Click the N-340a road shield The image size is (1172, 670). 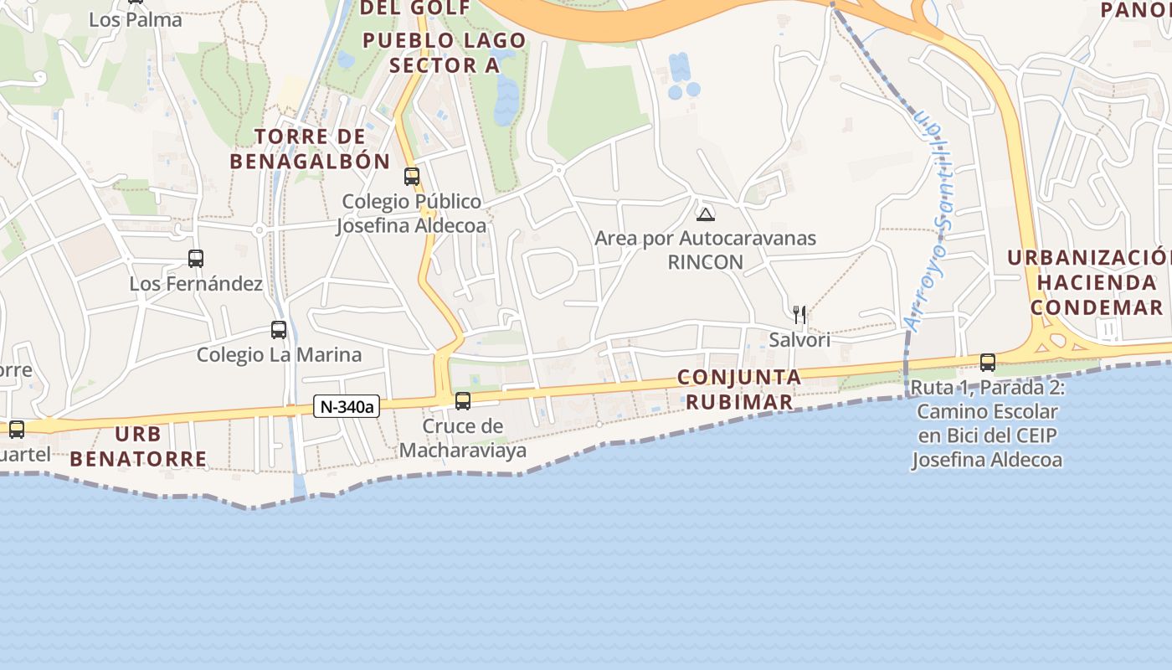[x=347, y=407]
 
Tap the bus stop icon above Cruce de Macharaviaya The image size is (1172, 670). [x=463, y=401]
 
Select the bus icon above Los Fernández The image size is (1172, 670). [x=196, y=259]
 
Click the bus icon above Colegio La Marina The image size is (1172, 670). [x=279, y=330]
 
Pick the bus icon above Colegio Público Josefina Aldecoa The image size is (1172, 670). [x=412, y=177]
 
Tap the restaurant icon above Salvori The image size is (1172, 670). [x=799, y=315]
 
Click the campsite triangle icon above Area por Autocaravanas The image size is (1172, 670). [x=706, y=214]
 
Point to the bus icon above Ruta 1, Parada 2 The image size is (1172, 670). [x=988, y=363]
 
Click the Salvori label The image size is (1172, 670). [x=799, y=339]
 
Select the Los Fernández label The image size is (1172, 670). [x=196, y=284]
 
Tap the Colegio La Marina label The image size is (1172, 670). [x=279, y=354]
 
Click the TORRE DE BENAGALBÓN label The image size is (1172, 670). [x=310, y=149]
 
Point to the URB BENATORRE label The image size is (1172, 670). [x=138, y=446]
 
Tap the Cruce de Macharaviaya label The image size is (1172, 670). [x=463, y=438]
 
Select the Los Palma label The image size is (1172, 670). [x=135, y=20]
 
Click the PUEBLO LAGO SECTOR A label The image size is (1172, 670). [x=445, y=53]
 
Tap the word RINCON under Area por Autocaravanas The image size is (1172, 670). [x=705, y=262]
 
